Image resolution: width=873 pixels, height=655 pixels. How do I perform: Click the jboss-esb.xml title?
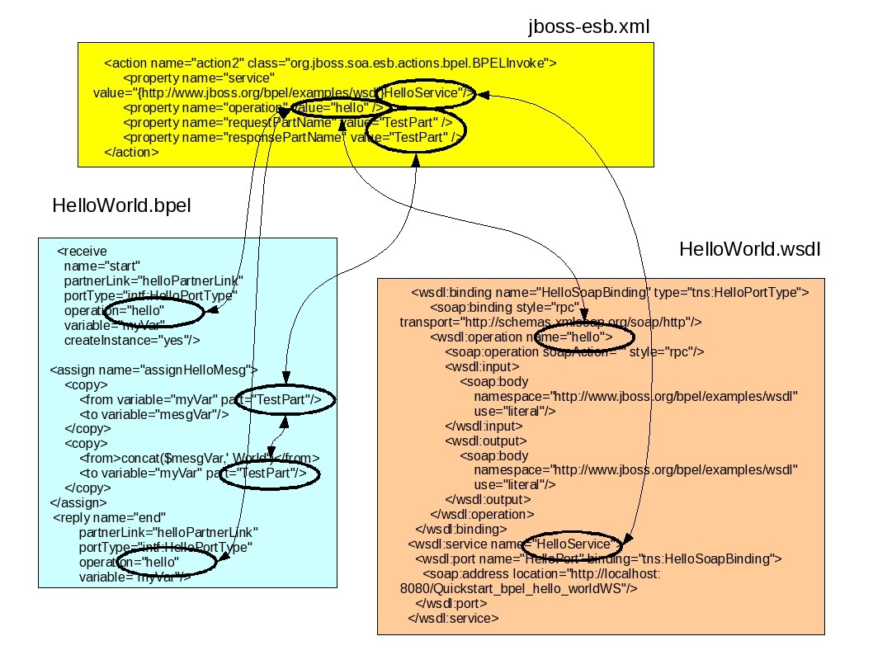click(589, 26)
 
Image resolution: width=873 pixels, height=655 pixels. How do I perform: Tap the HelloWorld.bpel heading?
click(121, 205)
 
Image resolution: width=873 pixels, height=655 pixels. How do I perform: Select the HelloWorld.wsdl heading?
click(749, 249)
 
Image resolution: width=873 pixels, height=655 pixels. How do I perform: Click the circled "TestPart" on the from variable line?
click(283, 399)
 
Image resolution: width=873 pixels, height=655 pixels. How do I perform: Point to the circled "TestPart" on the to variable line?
click(269, 474)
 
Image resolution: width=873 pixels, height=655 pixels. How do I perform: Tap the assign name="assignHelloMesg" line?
click(154, 370)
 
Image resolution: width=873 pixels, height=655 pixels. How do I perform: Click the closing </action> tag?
click(132, 153)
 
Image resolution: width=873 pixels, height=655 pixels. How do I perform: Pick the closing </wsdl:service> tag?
click(453, 618)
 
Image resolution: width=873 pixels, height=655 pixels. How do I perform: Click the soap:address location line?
click(540, 573)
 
